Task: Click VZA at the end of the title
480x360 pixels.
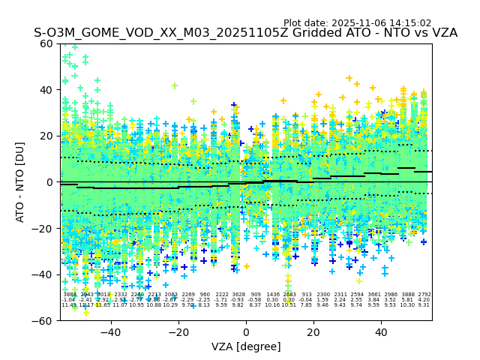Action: pyautogui.click(x=442, y=34)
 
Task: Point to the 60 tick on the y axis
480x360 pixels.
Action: pyautogui.click(x=48, y=43)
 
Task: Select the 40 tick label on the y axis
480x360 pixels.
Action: pyautogui.click(x=48, y=90)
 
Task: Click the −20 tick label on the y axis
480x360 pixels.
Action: pyautogui.click(x=45, y=229)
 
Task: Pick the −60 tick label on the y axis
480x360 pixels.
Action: pyautogui.click(x=45, y=321)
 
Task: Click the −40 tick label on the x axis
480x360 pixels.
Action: pyautogui.click(x=110, y=331)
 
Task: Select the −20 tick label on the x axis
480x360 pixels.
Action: pyautogui.click(x=178, y=331)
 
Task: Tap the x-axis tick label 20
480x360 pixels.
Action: pyautogui.click(x=314, y=331)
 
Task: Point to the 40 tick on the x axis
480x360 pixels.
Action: pyautogui.click(x=382, y=331)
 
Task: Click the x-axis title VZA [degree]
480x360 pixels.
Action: pyautogui.click(x=246, y=346)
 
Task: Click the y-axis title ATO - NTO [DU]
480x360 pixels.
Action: pyautogui.click(x=21, y=182)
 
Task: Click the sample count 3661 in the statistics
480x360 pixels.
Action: pyautogui.click(x=373, y=295)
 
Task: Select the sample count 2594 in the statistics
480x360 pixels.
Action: pyautogui.click(x=357, y=295)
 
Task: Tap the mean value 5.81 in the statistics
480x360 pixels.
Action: pyautogui.click(x=407, y=300)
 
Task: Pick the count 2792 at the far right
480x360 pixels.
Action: pyautogui.click(x=424, y=295)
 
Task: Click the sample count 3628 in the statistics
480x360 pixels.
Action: pyautogui.click(x=238, y=295)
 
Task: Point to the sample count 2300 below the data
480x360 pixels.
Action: pyautogui.click(x=323, y=295)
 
